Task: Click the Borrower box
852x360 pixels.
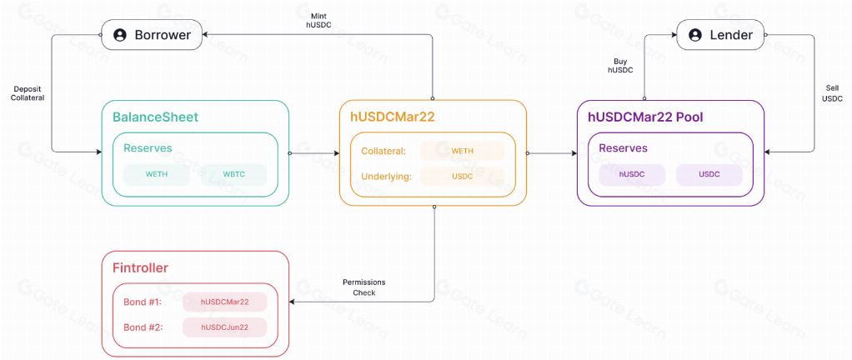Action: [x=152, y=35]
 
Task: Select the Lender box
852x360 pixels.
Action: [x=719, y=35]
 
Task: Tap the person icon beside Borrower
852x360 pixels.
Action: [x=120, y=35]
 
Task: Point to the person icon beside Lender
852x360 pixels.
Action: [x=694, y=35]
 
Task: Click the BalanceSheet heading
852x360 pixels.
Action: [x=155, y=117]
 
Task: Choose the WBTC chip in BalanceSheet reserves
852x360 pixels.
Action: [x=233, y=175]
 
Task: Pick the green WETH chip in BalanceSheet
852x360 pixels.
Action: [x=157, y=175]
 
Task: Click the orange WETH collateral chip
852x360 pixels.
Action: [x=462, y=151]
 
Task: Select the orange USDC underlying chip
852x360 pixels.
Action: [x=462, y=177]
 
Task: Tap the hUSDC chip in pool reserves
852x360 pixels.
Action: [x=632, y=175]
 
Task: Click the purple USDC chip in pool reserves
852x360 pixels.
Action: [x=709, y=175]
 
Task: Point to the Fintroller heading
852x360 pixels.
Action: [x=140, y=267]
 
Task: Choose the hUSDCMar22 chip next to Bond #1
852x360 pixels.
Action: [x=225, y=301]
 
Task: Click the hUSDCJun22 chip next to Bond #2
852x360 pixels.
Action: [x=225, y=327]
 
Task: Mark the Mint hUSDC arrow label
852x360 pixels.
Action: [x=319, y=21]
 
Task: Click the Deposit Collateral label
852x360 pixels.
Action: [x=29, y=92]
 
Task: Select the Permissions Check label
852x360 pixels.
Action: [x=364, y=287]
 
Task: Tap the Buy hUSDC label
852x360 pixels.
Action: [x=620, y=65]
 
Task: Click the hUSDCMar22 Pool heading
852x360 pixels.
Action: [x=645, y=117]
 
